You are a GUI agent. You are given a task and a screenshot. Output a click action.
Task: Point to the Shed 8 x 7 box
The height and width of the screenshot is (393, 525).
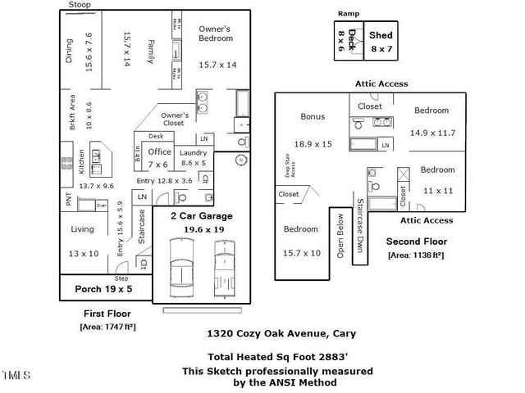tap(381, 41)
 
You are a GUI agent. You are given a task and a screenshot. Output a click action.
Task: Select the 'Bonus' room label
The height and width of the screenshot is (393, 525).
tap(313, 116)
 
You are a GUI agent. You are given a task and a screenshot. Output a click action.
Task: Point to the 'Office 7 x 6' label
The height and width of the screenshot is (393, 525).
tap(158, 157)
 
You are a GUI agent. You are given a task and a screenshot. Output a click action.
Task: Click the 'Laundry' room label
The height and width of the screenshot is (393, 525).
tap(194, 153)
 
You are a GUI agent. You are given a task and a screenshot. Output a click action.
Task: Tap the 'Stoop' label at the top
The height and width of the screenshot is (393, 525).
tap(80, 5)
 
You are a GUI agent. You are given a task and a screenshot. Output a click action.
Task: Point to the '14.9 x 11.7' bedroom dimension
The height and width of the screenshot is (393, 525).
tap(432, 132)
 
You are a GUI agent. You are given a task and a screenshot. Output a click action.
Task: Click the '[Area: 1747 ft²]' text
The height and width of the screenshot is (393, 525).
tap(107, 327)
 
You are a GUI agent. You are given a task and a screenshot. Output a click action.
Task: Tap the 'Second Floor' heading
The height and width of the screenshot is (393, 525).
tap(416, 242)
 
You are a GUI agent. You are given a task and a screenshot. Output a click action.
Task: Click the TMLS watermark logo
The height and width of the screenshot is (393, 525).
tap(16, 375)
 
